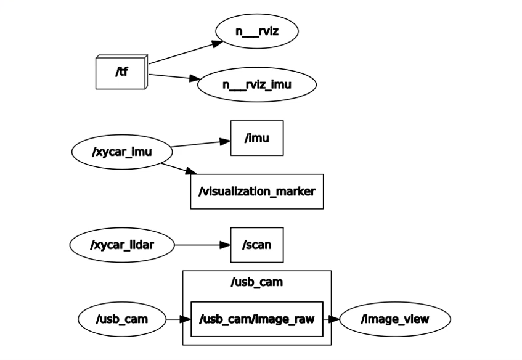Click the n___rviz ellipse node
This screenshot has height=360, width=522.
point(256,31)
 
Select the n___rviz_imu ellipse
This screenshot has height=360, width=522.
point(256,84)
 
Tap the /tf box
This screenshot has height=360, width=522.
point(121,72)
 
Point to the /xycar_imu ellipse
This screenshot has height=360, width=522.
point(122,152)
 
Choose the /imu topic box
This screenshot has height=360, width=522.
point(257,138)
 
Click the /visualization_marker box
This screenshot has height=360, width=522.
point(256,192)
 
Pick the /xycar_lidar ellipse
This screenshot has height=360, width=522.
point(122,245)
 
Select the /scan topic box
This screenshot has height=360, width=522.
point(257,245)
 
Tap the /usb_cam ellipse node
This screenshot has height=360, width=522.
point(122,319)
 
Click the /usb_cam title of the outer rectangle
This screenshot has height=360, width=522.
point(256,282)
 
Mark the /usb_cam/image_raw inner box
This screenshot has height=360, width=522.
point(256,319)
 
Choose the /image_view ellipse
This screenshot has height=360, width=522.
point(395,319)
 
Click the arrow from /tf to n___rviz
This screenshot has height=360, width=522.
point(186,52)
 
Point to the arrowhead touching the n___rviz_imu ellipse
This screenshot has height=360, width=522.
point(195,78)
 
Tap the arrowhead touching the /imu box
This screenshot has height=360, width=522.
point(226,142)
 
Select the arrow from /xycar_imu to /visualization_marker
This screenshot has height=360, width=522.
point(179,169)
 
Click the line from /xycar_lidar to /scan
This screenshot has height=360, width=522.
point(202,245)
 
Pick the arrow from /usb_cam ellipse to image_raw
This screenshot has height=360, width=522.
point(179,319)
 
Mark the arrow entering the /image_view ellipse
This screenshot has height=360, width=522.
point(331,319)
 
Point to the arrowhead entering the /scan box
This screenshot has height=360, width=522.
point(226,245)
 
